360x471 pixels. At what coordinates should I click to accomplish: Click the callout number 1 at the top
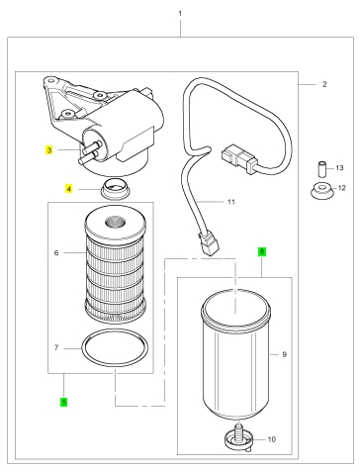[x=180, y=14]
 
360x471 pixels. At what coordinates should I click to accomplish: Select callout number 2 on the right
[x=324, y=84]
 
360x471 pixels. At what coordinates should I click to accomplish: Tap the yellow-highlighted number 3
[x=49, y=150]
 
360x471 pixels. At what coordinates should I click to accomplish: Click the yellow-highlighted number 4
[x=68, y=189]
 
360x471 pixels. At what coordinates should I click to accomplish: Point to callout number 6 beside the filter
[x=56, y=253]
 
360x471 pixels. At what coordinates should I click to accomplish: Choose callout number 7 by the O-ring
[x=56, y=348]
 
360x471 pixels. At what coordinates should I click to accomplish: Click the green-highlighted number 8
[x=262, y=252]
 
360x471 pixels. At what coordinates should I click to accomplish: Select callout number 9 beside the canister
[x=285, y=354]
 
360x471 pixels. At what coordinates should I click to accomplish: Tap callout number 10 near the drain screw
[x=272, y=439]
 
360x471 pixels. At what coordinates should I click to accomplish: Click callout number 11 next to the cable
[x=231, y=202]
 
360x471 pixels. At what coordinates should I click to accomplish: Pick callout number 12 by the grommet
[x=342, y=188]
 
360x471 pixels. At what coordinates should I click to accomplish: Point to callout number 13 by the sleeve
[x=339, y=168]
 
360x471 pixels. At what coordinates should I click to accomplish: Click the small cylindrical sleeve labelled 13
[x=321, y=169]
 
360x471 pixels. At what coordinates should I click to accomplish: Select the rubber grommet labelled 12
[x=321, y=191]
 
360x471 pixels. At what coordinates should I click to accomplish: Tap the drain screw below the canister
[x=239, y=436]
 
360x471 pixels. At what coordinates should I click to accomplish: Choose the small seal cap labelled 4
[x=115, y=189]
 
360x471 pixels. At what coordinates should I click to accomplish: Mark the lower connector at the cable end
[x=208, y=243]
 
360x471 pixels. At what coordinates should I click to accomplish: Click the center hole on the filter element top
[x=116, y=222]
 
